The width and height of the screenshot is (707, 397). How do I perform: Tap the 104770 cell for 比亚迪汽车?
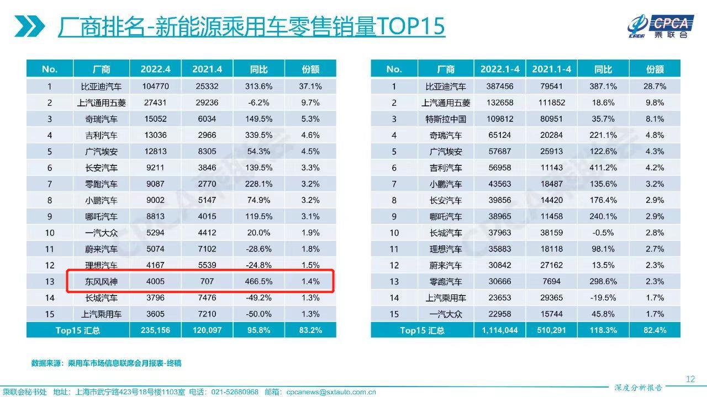155,87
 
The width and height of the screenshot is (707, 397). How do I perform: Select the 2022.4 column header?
155,69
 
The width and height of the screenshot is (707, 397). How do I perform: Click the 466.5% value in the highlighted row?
258,282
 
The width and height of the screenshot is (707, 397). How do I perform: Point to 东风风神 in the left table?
101,282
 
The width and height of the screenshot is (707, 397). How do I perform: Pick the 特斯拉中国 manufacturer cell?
446,119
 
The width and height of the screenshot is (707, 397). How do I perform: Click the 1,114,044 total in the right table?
499,330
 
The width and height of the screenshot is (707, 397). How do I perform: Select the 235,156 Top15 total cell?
155,330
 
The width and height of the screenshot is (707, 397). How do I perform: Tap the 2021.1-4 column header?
551,69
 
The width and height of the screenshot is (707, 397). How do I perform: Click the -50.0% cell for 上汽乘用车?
258,314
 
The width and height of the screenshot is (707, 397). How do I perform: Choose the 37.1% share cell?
310,87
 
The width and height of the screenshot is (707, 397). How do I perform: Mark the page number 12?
690,379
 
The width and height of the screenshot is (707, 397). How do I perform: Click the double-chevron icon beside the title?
29,26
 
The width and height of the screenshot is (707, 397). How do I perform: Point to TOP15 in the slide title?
411,26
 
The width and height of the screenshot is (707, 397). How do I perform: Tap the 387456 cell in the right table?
499,87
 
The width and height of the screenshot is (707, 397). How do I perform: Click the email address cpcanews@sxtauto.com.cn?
331,392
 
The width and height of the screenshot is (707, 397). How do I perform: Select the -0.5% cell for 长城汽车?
603,233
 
